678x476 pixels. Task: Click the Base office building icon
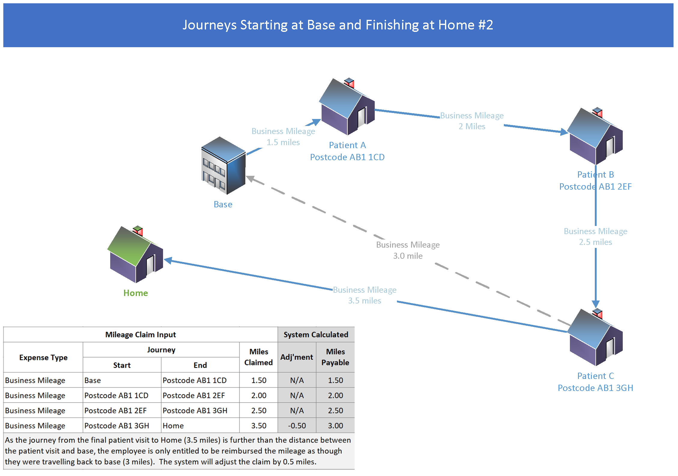point(223,166)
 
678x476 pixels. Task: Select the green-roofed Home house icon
point(135,255)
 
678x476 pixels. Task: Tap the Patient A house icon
point(347,107)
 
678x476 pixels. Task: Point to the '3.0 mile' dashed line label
point(408,256)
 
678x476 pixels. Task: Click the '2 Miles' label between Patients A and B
point(472,127)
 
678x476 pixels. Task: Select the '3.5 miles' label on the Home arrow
point(365,301)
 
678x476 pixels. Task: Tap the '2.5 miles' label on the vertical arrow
point(595,242)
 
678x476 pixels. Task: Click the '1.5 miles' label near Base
point(283,142)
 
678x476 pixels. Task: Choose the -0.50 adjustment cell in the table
point(297,426)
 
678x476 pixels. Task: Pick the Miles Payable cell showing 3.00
point(335,426)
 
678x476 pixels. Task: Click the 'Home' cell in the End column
point(173,426)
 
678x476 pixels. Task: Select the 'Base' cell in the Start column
point(93,380)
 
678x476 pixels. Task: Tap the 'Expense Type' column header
point(43,358)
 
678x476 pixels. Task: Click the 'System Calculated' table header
point(316,335)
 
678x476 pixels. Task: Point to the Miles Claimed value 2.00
point(259,395)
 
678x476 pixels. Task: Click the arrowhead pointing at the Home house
point(168,260)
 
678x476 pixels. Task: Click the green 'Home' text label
point(136,293)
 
